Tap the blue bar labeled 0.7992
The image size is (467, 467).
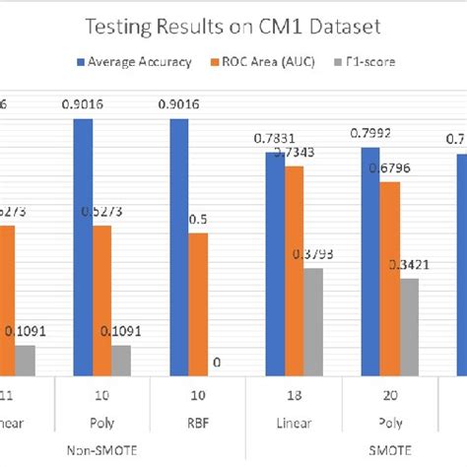point(370,261)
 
